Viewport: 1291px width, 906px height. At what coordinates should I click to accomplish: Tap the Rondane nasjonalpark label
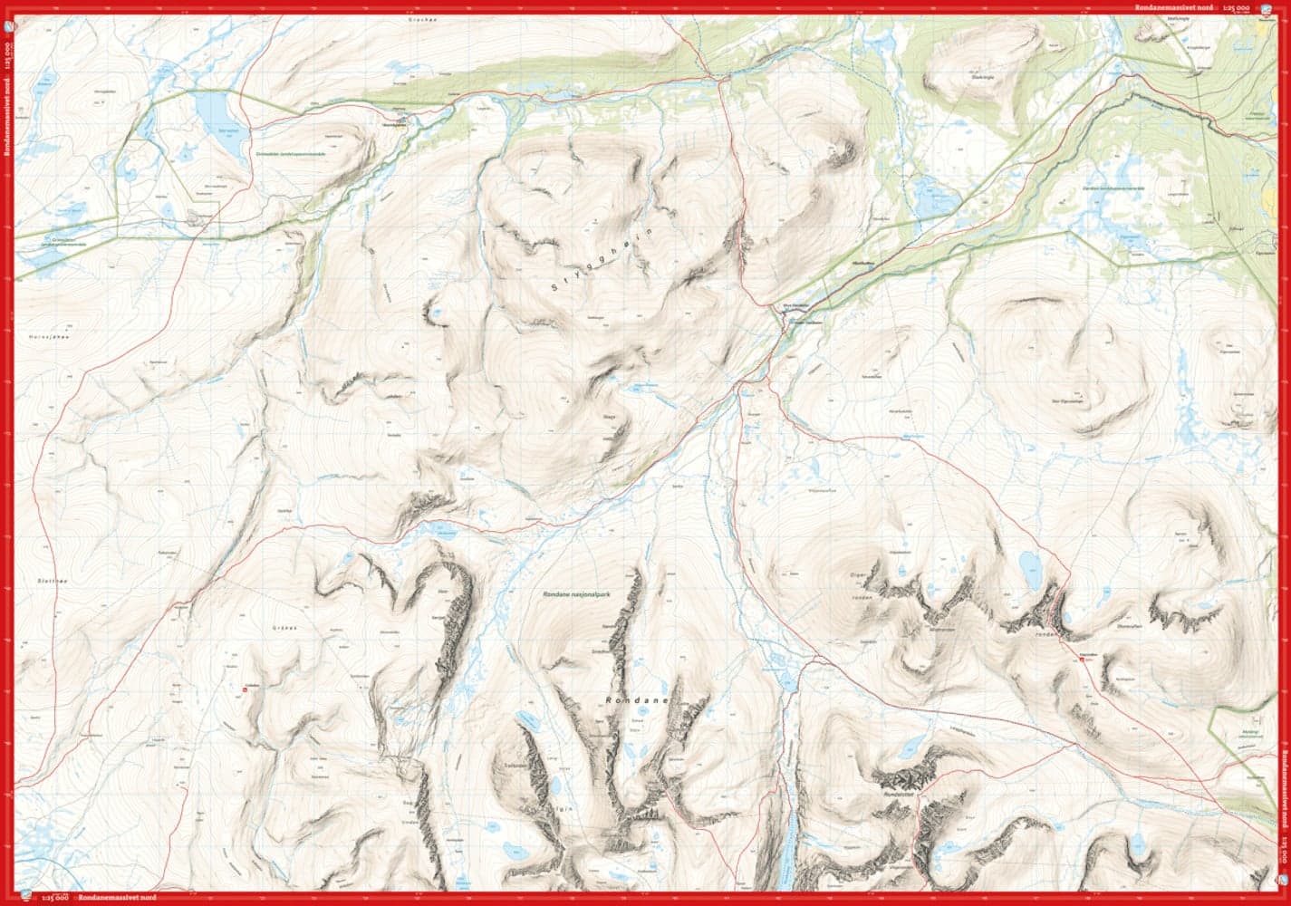581,594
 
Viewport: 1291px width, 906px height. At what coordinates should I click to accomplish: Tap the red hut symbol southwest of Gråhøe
246,692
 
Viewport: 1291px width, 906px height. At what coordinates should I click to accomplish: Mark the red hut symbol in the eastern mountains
1080,660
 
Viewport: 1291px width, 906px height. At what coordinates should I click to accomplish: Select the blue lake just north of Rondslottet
906,751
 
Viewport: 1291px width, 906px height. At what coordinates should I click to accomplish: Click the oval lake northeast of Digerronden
1030,566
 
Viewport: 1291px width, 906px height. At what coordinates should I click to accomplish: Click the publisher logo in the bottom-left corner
27,896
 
